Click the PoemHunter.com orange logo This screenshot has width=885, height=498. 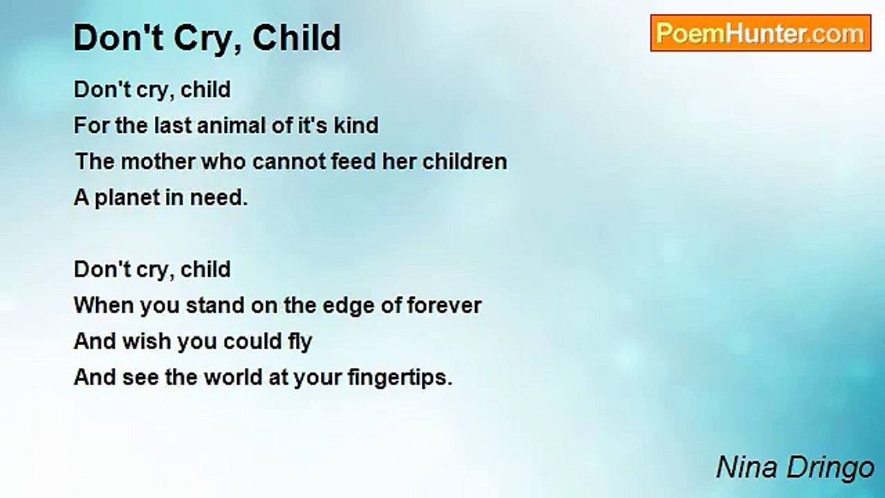[x=761, y=33]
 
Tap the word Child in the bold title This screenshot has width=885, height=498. [x=297, y=37]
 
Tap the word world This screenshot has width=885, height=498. [x=233, y=377]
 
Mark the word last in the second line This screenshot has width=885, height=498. [x=173, y=125]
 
